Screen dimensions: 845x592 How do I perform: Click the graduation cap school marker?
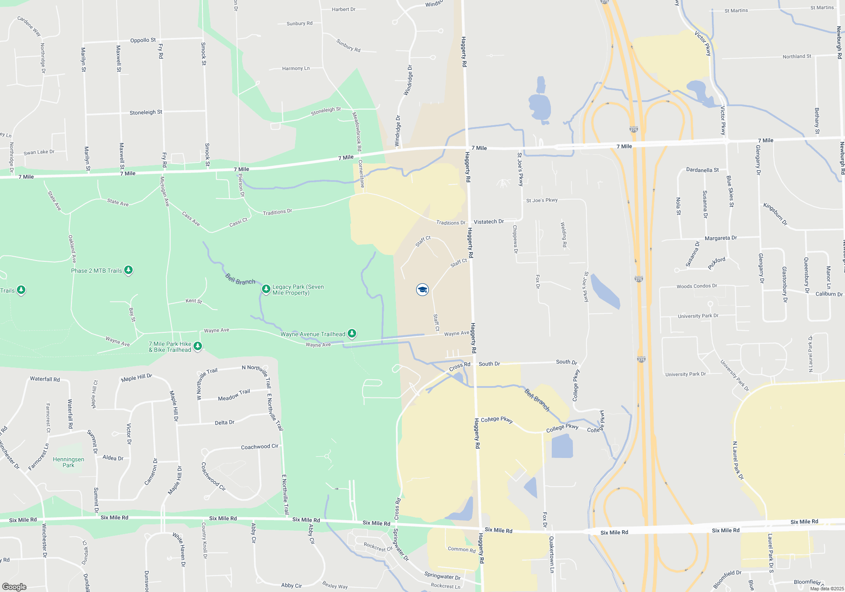[422, 289]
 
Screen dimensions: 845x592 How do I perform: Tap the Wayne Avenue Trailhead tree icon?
[352, 334]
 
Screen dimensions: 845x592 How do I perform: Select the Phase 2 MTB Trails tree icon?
[128, 270]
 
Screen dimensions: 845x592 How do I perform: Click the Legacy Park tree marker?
[266, 289]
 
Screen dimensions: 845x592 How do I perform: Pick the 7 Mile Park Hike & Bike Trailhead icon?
[197, 346]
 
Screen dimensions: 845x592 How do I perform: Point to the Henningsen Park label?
[68, 462]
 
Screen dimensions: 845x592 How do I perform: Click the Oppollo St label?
[143, 40]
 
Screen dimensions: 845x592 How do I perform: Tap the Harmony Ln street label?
[296, 68]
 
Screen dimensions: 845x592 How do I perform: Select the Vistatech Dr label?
[488, 222]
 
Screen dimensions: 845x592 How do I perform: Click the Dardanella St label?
[702, 170]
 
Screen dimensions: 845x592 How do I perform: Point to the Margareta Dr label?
[720, 238]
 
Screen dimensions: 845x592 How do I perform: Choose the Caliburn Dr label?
[829, 294]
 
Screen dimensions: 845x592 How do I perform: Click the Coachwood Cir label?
[259, 447]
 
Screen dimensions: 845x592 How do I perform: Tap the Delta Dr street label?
[224, 422]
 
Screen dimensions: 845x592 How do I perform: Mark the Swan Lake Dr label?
[39, 152]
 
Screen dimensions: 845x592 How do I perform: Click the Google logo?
[14, 587]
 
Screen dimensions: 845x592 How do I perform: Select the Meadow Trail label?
[234, 395]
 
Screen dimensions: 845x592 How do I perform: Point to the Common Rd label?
[461, 549]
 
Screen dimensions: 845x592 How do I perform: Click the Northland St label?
[796, 56]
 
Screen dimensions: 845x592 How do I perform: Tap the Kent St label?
[194, 301]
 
